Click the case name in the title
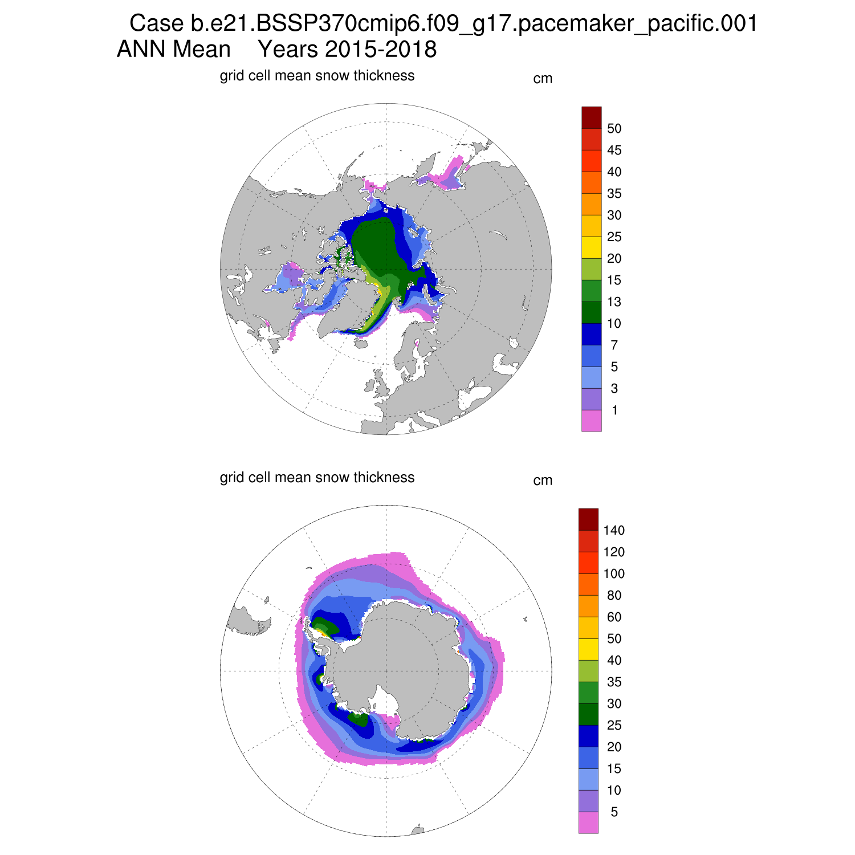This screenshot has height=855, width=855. tap(443, 24)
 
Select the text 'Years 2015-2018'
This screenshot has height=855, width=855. tap(347, 50)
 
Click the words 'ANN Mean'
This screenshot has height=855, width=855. tap(173, 50)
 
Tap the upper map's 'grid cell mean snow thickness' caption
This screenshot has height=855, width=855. tap(317, 76)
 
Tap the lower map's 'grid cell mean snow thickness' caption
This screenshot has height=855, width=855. tap(317, 477)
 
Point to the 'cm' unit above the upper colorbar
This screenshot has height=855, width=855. tap(543, 79)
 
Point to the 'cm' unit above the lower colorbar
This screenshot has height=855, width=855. tap(543, 481)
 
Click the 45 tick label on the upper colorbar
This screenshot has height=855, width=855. tap(614, 150)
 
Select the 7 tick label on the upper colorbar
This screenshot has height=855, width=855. tap(614, 345)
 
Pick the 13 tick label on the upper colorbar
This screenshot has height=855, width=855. tap(614, 302)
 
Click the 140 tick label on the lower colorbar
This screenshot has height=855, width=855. tap(614, 531)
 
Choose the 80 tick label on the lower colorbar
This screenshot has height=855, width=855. tap(614, 596)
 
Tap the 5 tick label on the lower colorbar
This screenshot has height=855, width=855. tap(614, 812)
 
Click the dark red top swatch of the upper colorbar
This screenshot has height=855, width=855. tap(591, 117)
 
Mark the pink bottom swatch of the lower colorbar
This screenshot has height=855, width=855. tap(588, 823)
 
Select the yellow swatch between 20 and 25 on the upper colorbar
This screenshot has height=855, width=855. tap(591, 247)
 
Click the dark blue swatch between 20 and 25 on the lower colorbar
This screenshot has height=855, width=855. tap(588, 736)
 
